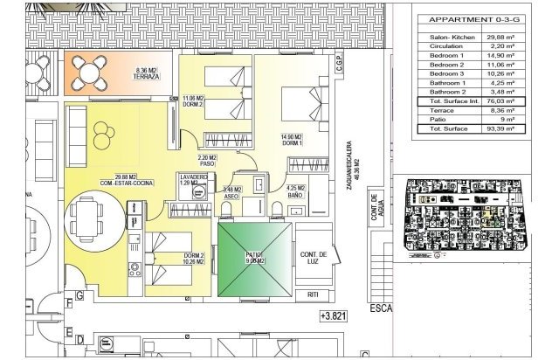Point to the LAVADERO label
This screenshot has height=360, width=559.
coord(195,179)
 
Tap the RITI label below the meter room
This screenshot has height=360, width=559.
coord(313,296)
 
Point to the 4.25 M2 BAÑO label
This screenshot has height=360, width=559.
coord(297,192)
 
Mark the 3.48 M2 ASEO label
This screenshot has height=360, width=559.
coord(231,193)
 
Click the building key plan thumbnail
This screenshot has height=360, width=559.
coord(472,214)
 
